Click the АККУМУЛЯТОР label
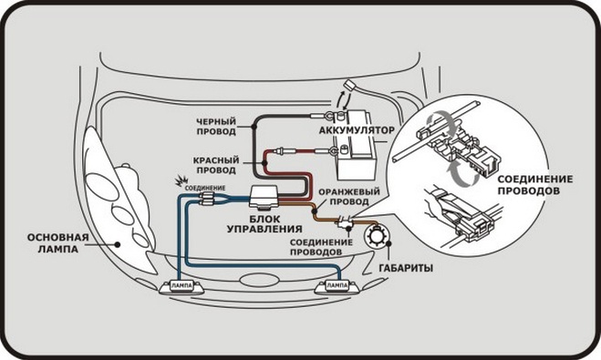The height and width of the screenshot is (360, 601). (357, 130)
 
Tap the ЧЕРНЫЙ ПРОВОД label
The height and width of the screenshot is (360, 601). (216, 127)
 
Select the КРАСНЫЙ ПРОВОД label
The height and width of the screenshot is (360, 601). (216, 165)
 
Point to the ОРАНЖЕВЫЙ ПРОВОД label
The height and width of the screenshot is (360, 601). (349, 197)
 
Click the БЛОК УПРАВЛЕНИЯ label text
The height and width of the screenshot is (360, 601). (264, 224)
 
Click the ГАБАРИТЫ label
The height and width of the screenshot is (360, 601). (406, 268)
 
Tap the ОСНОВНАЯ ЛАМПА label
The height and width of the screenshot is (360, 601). (57, 243)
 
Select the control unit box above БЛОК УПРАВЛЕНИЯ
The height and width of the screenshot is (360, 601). (264, 198)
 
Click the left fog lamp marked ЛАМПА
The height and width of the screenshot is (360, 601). (181, 286)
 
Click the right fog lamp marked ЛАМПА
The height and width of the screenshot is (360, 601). (337, 286)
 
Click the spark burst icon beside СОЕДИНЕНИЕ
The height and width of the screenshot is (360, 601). (179, 181)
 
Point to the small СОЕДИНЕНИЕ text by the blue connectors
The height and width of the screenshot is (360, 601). (205, 189)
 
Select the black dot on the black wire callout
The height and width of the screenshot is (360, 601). (254, 127)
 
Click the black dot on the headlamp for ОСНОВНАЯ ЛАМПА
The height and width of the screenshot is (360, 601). (118, 244)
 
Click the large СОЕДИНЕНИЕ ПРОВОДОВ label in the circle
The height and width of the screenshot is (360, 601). (535, 185)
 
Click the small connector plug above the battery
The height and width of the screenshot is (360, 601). (349, 84)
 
